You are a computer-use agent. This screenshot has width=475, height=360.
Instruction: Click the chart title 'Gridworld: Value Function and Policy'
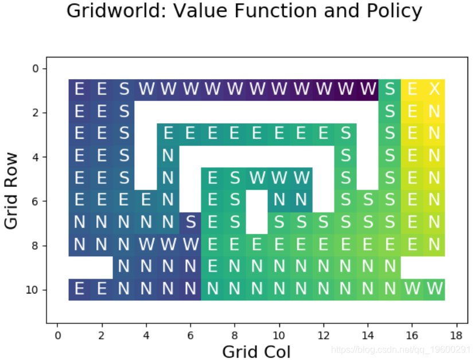point(244,11)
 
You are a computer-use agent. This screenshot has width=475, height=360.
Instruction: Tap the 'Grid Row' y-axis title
point(11,191)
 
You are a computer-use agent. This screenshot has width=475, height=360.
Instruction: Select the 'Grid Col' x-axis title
point(256,351)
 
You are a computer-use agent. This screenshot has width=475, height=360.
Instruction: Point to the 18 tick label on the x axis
point(456,335)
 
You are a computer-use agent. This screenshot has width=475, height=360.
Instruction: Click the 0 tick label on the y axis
point(36,69)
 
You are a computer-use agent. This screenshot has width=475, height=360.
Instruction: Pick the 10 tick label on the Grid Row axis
point(32,289)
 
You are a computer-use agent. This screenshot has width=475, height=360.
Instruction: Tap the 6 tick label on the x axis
point(190,335)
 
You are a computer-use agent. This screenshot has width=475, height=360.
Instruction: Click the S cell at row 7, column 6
point(190,223)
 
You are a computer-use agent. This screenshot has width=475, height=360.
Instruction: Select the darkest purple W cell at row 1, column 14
point(368,90)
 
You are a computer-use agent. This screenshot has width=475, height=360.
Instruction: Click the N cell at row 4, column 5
point(168,156)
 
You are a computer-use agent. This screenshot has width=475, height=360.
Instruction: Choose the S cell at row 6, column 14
point(368,201)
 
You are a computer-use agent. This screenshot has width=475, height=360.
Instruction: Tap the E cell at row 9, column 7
point(212,267)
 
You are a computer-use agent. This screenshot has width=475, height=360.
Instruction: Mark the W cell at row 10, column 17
point(434,289)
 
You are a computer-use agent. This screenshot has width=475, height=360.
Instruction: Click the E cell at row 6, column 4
point(146,201)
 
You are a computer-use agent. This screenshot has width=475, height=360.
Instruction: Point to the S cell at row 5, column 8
point(235,179)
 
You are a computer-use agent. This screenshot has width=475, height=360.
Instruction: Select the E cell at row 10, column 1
point(79,289)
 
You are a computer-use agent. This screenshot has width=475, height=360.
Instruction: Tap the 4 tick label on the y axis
point(36,157)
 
